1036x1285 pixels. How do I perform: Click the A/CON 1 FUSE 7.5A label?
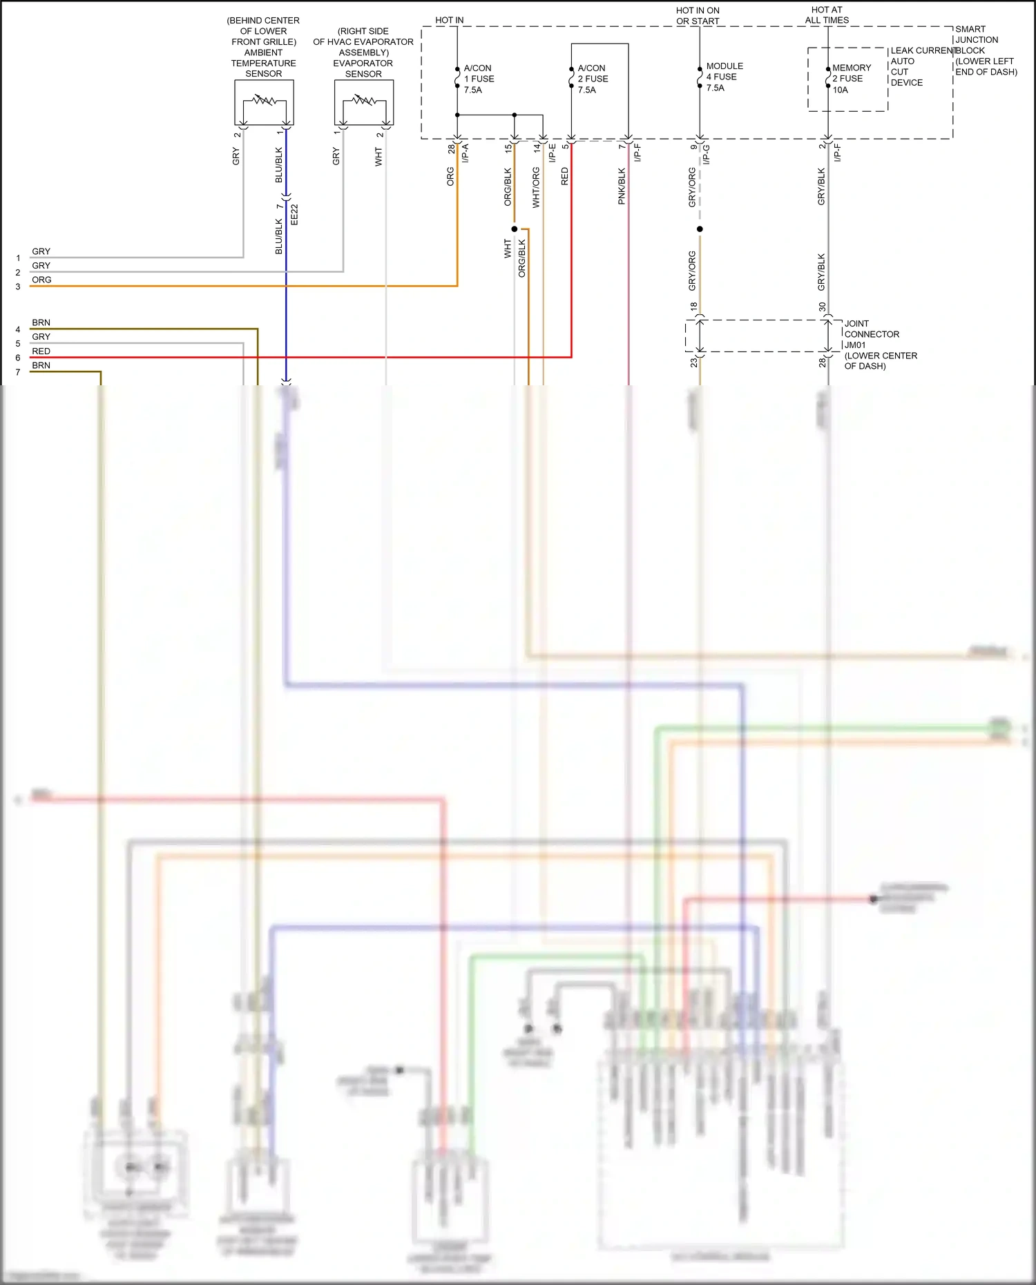478,79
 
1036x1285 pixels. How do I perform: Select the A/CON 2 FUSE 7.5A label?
593,79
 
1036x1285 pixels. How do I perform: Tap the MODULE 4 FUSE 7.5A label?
724,77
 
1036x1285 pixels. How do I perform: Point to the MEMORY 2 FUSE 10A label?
851,79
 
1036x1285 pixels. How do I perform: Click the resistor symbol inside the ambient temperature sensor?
264,101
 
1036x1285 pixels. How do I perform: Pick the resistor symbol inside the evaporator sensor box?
364,101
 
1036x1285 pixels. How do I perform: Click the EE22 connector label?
294,214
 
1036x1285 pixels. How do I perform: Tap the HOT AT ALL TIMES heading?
827,15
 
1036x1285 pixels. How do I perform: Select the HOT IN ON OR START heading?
698,16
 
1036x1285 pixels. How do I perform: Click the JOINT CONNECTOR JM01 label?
872,334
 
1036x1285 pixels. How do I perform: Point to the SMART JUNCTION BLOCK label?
977,40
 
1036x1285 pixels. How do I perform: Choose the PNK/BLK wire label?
622,186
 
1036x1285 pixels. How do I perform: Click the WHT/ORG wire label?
536,187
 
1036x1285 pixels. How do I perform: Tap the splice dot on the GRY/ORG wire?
700,229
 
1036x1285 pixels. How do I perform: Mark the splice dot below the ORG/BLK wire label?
515,229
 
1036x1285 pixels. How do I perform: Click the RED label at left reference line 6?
41,351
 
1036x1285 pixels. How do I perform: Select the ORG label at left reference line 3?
41,280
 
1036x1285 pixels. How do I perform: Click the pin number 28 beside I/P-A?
451,148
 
